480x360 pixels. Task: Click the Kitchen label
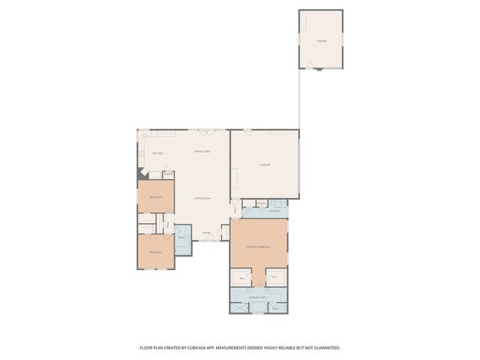click(x=157, y=154)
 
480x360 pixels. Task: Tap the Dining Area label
click(x=202, y=152)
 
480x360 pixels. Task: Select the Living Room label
click(x=202, y=198)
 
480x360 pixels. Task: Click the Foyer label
click(x=205, y=233)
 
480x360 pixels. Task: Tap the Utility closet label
click(x=262, y=203)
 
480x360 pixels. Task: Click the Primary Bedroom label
click(x=259, y=247)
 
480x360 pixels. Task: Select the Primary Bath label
click(x=259, y=297)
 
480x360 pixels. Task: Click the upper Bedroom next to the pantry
click(x=156, y=196)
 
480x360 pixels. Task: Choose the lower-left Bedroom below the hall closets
click(x=156, y=252)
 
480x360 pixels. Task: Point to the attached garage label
click(x=265, y=164)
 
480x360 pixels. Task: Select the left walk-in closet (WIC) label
click(x=241, y=278)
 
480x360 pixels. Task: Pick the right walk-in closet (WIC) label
click(x=275, y=277)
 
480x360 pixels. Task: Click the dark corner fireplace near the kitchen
click(x=140, y=172)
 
